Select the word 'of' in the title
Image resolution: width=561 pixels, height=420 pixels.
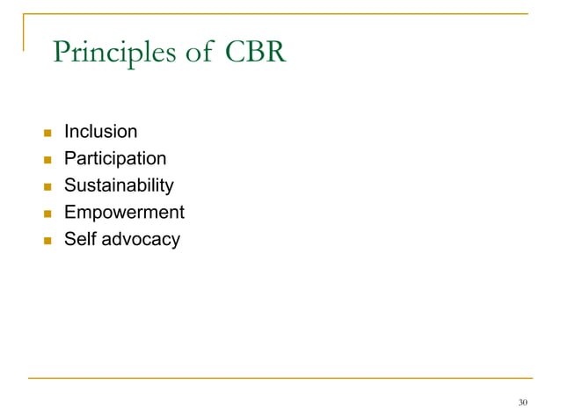pyautogui.click(x=199, y=52)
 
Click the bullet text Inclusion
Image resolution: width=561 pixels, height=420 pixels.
pyautogui.click(x=100, y=133)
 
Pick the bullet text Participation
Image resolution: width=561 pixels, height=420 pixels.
pyautogui.click(x=114, y=159)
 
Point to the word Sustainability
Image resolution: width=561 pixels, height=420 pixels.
pyautogui.click(x=119, y=186)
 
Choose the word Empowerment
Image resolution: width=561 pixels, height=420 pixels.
pyautogui.click(x=123, y=213)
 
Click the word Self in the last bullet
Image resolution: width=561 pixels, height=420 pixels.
pyautogui.click(x=79, y=239)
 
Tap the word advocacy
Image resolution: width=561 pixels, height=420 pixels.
pyautogui.click(x=141, y=240)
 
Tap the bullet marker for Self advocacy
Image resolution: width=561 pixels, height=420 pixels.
pyautogui.click(x=37, y=240)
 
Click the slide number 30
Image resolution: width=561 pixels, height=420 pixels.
pyautogui.click(x=523, y=402)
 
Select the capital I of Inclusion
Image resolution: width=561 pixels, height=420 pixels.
pyautogui.click(x=66, y=133)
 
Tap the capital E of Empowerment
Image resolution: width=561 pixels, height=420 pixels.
pyautogui.click(x=70, y=213)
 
